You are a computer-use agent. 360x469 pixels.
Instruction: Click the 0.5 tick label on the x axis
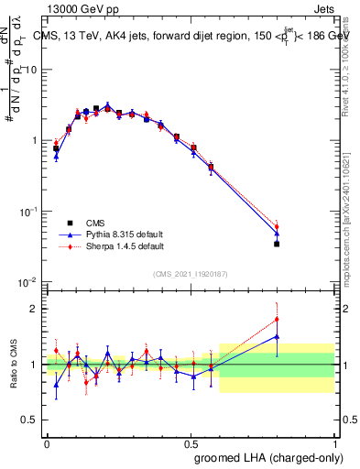point(191,442)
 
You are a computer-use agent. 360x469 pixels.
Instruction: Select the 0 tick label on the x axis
point(47,442)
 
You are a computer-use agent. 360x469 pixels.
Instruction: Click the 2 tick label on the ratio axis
point(35,309)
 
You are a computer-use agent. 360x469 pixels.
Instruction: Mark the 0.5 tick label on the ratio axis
point(31,420)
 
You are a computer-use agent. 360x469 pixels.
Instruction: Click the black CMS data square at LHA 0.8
point(277,244)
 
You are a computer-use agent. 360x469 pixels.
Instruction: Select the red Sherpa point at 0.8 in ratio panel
point(277,320)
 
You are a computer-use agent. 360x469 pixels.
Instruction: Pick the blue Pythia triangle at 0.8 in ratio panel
point(277,336)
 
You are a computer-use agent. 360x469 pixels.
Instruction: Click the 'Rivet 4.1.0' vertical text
point(352,55)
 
